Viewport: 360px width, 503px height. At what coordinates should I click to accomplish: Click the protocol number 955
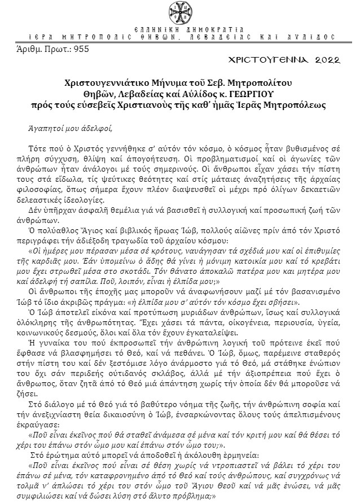pos(80,48)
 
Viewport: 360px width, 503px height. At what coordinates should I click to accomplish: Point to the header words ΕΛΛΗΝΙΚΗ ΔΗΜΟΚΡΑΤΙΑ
pos(180,28)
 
